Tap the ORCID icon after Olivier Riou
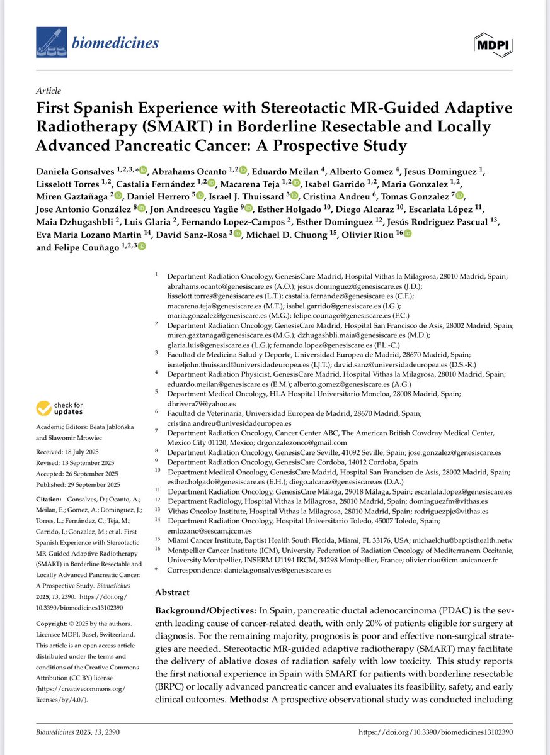(x=408, y=233)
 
